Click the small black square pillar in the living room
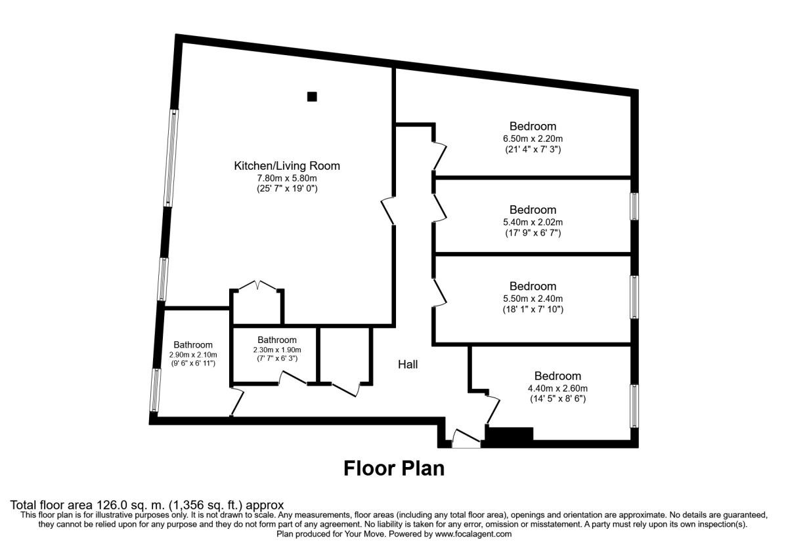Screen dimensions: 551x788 tap(312, 96)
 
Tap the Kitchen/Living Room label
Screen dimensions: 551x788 tap(287, 166)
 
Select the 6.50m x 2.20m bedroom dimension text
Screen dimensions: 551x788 tap(533, 138)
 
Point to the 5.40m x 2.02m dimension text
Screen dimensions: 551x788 tap(533, 222)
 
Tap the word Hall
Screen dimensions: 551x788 tap(407, 364)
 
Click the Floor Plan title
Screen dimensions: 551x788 tap(394, 468)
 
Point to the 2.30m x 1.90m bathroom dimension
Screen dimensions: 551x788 tap(276, 350)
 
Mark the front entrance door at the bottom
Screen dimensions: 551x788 tap(467, 439)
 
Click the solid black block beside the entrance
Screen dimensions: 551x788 tap(509, 434)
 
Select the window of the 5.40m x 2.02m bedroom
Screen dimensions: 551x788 tap(634, 206)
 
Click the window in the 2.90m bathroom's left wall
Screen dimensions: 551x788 tap(156, 390)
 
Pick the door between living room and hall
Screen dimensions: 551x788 tap(388, 211)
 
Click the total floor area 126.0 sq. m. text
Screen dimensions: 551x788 tap(147, 505)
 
